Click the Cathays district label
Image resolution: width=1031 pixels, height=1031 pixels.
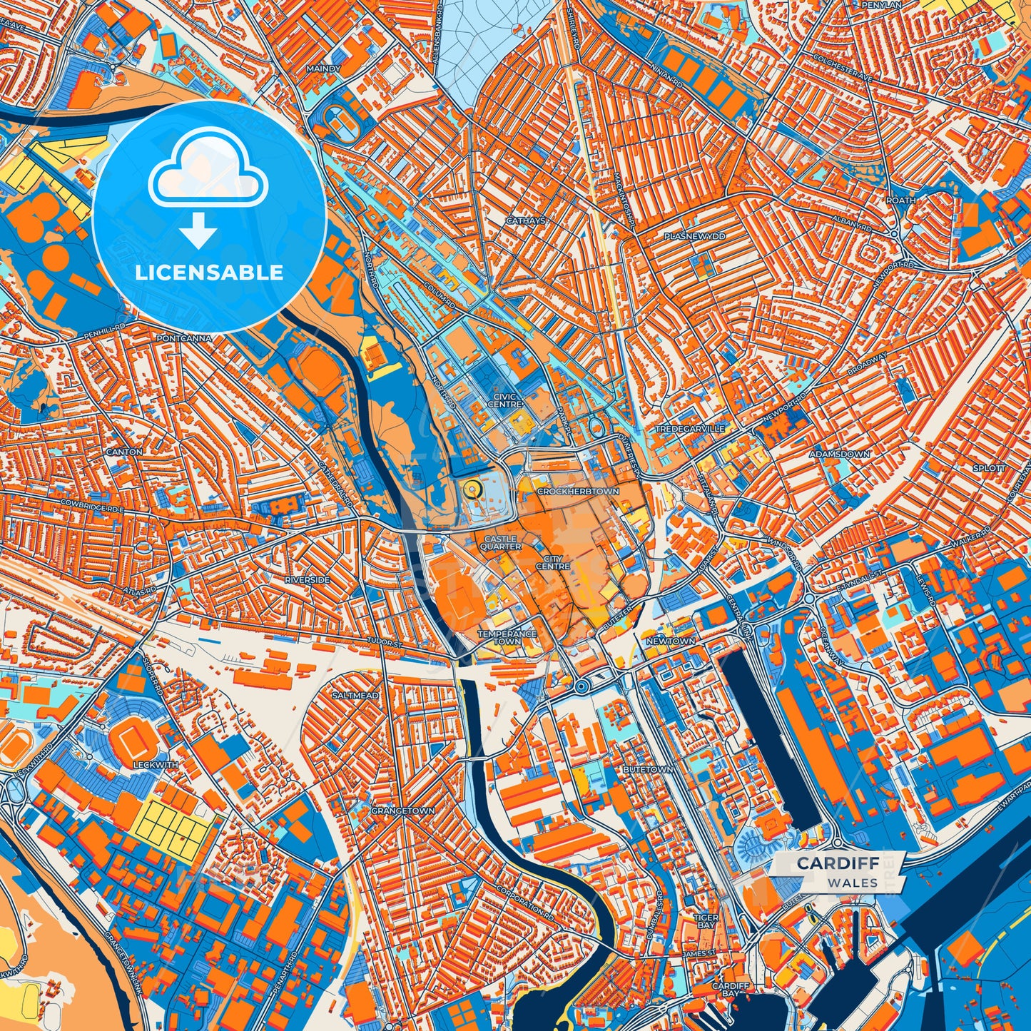click(527, 221)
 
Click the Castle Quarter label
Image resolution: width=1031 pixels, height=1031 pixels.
click(501, 543)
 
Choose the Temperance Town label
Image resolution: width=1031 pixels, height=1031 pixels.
click(507, 637)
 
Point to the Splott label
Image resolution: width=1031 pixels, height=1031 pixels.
click(989, 468)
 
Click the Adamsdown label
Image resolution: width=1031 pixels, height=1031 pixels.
click(849, 454)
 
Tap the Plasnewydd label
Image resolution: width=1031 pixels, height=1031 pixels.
click(694, 236)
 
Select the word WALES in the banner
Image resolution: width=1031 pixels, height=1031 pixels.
click(853, 883)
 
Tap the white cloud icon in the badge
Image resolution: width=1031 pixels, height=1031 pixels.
click(208, 171)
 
